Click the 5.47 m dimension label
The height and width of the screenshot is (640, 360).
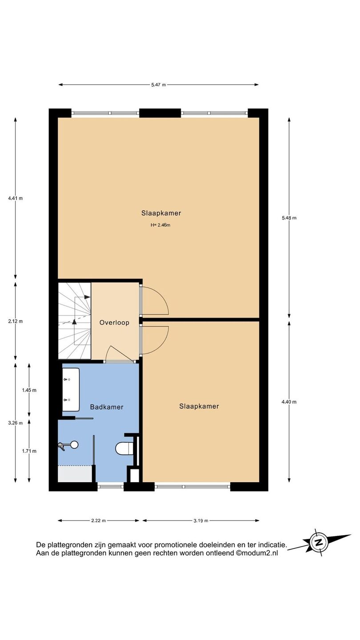point(159,84)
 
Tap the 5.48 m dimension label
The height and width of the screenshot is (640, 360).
point(289,218)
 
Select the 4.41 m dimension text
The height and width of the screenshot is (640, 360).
point(16,198)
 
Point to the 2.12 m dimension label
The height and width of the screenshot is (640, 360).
point(16,321)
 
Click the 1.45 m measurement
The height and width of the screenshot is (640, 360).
point(29,390)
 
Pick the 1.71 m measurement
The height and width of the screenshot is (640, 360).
point(29,451)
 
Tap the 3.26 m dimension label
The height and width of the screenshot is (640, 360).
point(16,423)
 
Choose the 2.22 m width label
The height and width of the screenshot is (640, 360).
point(99,520)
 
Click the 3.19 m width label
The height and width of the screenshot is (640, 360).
point(201,520)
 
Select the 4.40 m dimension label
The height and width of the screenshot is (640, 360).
point(289,402)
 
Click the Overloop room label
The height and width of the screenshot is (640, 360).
point(114,323)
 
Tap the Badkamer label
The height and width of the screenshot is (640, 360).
point(107,407)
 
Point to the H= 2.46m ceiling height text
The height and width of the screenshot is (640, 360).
point(160,225)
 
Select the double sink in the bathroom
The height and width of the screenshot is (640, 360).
point(71,389)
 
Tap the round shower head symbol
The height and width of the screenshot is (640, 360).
point(74,445)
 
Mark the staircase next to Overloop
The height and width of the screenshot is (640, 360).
point(75,321)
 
